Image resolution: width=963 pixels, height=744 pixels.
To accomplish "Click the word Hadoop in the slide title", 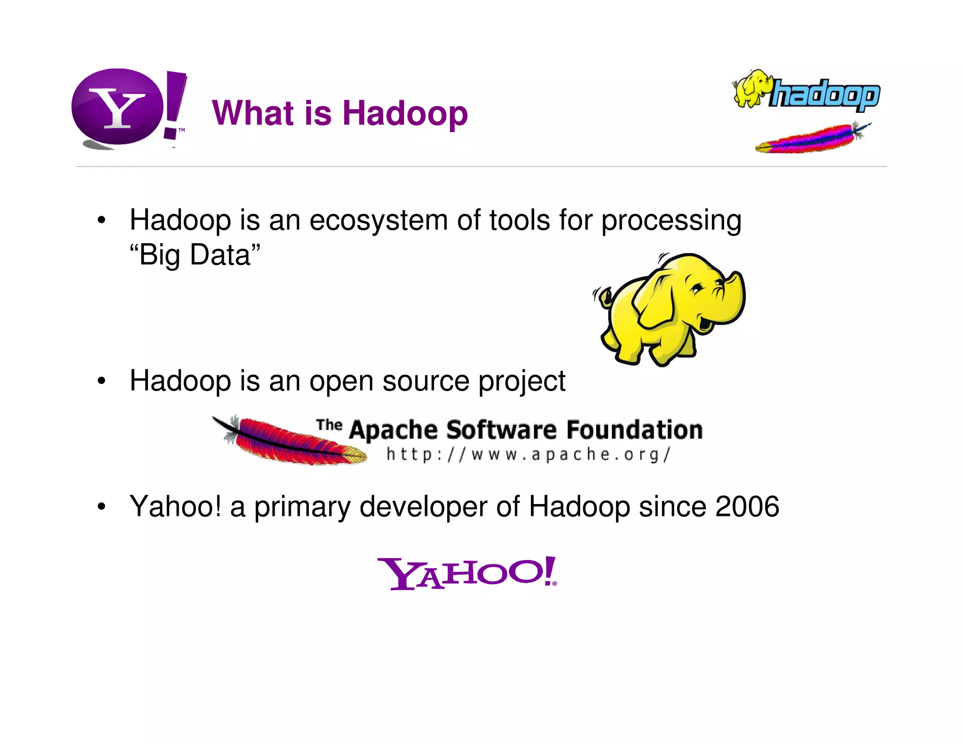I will [x=405, y=113].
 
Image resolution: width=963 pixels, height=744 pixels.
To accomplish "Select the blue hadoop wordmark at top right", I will [x=824, y=95].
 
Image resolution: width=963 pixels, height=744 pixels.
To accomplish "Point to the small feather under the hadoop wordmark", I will [x=811, y=139].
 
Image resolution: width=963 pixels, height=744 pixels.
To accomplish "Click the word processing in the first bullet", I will [x=671, y=221].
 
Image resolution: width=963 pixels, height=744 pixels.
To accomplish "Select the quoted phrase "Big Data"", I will [x=195, y=255].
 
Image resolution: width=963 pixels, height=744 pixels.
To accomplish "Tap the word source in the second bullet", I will [x=426, y=381].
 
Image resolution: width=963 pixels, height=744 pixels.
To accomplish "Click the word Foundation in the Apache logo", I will [x=634, y=430].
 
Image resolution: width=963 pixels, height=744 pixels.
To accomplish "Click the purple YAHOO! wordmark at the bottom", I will [x=466, y=573].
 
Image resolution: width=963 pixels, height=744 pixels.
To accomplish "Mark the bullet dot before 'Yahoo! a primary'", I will [x=101, y=507].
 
